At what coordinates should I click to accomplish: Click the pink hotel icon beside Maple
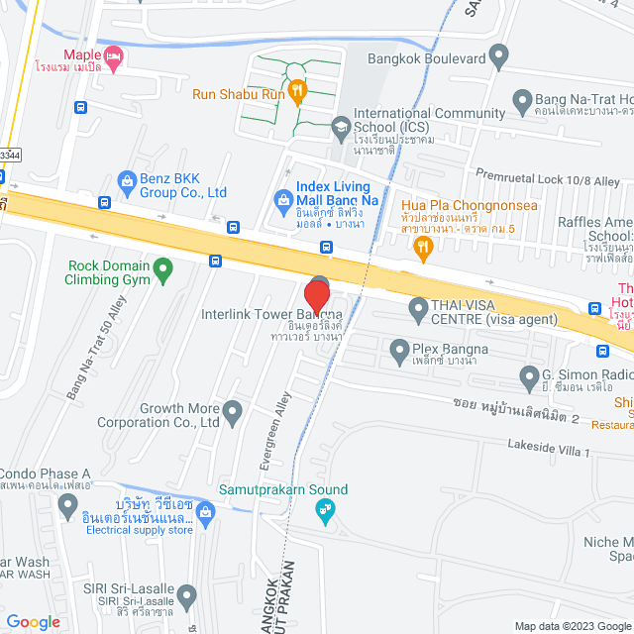click(114, 58)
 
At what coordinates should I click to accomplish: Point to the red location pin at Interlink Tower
click(316, 297)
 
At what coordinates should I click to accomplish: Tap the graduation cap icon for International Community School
click(341, 126)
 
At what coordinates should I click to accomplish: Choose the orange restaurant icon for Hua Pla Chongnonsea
click(423, 247)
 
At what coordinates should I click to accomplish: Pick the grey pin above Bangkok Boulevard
click(498, 53)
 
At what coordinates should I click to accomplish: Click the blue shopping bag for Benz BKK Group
click(126, 181)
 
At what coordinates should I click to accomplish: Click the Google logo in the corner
click(33, 621)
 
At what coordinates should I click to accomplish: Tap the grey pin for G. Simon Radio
click(528, 374)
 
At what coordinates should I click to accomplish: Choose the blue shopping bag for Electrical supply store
click(205, 512)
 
